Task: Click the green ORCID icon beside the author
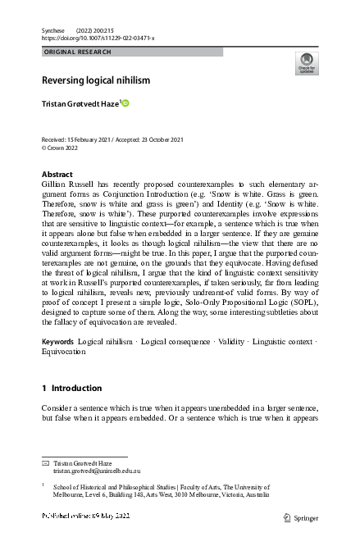coord(126,102)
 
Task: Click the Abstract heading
coord(57,175)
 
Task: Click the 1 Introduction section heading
coord(71,388)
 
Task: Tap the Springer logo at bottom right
coord(299,518)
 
